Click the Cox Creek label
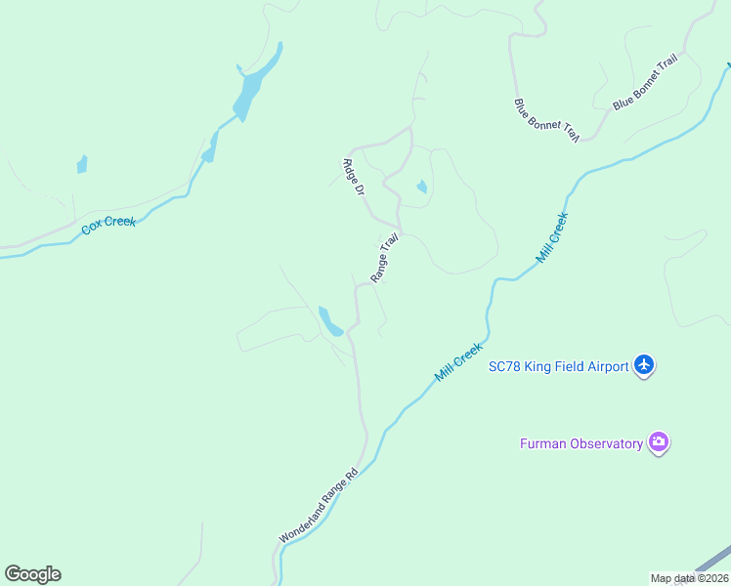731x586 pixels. pyautogui.click(x=108, y=223)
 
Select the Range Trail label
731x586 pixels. pyautogui.click(x=385, y=257)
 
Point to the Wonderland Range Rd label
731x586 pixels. pyautogui.click(x=319, y=505)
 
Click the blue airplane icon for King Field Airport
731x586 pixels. pyautogui.click(x=643, y=365)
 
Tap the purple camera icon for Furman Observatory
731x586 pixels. pyautogui.click(x=659, y=442)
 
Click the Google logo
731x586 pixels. pyautogui.click(x=32, y=574)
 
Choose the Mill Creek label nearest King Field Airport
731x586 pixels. pyautogui.click(x=459, y=361)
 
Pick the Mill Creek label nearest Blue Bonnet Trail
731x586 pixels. pyautogui.click(x=551, y=238)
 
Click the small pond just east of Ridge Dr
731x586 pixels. pyautogui.click(x=421, y=187)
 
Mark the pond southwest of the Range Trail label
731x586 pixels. pyautogui.click(x=329, y=321)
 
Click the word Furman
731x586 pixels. pyautogui.click(x=540, y=444)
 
